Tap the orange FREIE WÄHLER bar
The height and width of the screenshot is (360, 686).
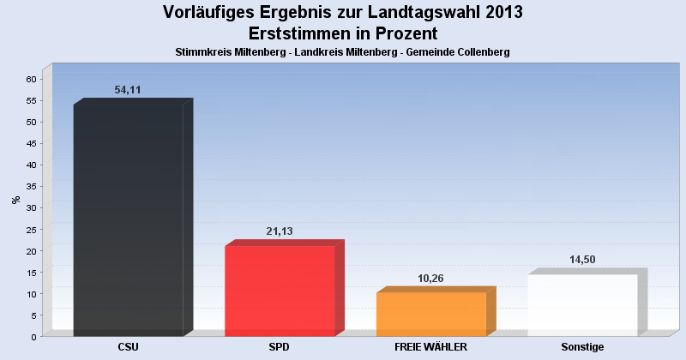tap(430, 314)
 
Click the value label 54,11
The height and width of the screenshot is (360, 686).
tap(128, 90)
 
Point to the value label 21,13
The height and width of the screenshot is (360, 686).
tap(280, 231)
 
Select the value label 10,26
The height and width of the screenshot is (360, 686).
tap(430, 279)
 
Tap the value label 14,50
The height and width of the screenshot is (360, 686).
tap(582, 261)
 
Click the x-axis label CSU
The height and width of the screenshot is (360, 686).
tap(129, 347)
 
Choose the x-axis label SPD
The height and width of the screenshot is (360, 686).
tap(280, 347)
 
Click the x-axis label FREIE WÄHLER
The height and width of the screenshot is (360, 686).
tap(430, 347)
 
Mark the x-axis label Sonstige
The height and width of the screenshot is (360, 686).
tap(582, 347)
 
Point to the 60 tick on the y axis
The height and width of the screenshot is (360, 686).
tap(31, 79)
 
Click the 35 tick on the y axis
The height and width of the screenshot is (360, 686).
tap(31, 186)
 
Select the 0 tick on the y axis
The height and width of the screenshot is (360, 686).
tap(33, 336)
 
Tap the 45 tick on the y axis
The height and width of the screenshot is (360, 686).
tap(31, 143)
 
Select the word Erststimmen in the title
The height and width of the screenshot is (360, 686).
tap(299, 34)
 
